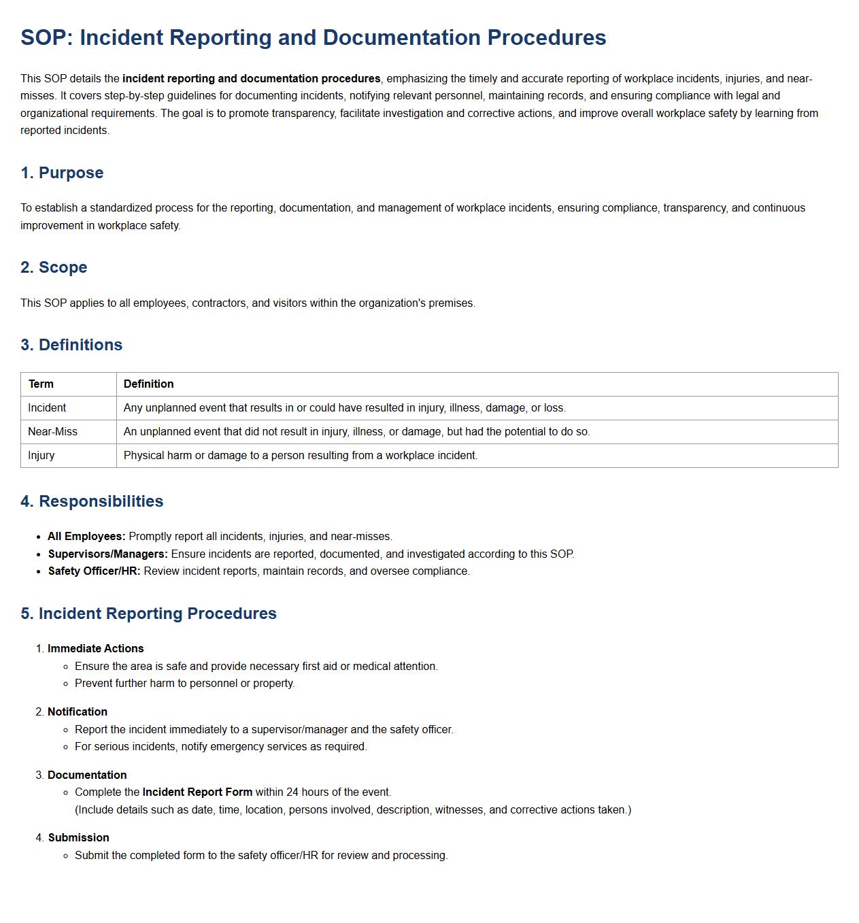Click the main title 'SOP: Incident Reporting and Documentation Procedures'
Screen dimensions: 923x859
point(313,37)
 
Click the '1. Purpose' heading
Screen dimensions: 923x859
point(62,173)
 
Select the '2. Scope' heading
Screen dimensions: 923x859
point(54,267)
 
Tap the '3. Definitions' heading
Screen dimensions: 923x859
point(71,345)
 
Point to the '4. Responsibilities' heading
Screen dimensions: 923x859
point(92,501)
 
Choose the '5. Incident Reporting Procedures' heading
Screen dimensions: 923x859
point(148,614)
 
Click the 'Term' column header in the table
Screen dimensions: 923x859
point(41,384)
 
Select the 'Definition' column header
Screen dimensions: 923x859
point(148,384)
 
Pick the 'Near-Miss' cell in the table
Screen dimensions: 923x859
point(52,432)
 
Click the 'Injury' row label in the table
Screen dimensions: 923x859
point(41,456)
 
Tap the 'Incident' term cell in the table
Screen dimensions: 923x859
point(47,408)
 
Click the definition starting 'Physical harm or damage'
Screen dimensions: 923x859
point(300,456)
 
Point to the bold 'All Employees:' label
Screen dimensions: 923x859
point(86,537)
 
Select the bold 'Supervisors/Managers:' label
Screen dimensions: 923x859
point(107,554)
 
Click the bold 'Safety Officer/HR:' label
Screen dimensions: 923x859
point(94,571)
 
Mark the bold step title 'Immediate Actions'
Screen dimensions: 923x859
point(95,649)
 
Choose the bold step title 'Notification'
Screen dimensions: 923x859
point(78,712)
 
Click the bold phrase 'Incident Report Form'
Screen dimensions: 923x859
point(197,792)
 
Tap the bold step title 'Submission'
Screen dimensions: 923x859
point(78,838)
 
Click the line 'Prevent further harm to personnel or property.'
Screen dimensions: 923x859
point(184,684)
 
